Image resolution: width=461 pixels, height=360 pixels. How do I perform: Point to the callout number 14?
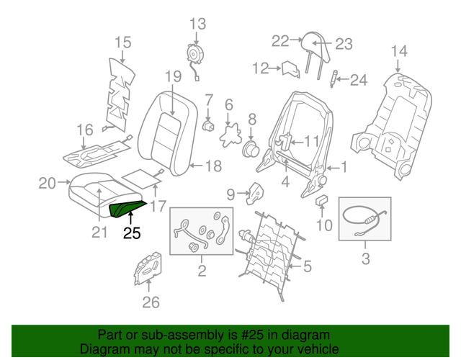click(x=398, y=50)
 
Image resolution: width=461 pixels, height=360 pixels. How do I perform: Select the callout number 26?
click(x=150, y=302)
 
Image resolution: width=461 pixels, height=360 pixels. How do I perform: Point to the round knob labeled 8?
click(x=251, y=148)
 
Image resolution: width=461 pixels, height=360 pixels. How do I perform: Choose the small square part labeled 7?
click(x=209, y=124)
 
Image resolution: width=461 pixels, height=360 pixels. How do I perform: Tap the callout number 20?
click(x=47, y=184)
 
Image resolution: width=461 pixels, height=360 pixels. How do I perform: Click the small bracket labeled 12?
click(x=291, y=69)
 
